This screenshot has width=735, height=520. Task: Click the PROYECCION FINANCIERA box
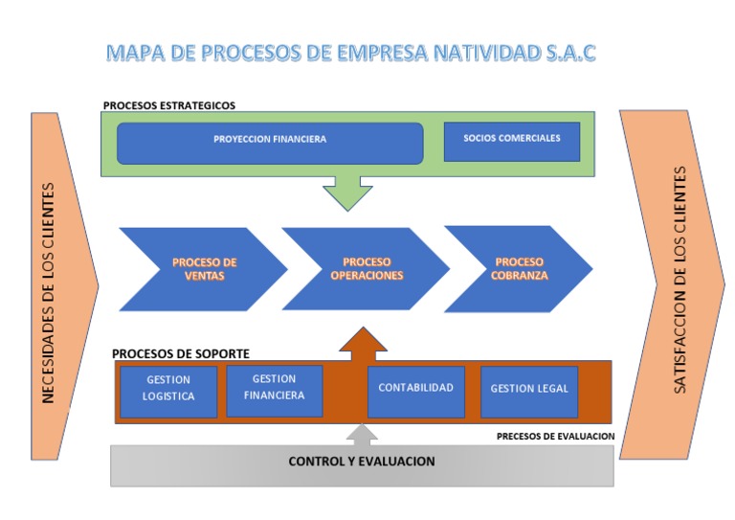269,142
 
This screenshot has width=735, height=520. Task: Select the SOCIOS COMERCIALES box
511,140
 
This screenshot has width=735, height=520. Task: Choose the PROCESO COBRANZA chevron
520,268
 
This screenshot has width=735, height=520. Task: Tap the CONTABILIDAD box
415,389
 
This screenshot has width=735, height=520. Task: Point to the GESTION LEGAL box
528,390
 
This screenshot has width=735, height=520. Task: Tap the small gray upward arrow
361,436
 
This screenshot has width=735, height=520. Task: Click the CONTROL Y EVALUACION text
362,462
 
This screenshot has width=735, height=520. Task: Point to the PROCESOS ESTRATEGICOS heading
168,105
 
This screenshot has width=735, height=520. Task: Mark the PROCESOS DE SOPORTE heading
180,353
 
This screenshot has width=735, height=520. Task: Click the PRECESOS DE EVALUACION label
555,436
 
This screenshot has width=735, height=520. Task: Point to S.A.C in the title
570,52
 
